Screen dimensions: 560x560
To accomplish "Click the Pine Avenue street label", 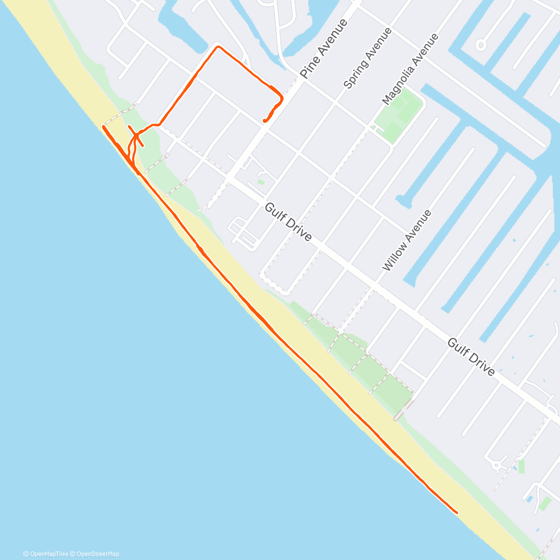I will point(324,49).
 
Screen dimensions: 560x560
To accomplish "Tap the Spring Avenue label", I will point(367,58).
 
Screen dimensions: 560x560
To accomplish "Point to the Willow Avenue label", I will point(406,240).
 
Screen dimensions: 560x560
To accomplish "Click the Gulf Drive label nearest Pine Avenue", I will point(288,222).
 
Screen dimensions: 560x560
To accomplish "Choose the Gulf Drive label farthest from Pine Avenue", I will point(471,357).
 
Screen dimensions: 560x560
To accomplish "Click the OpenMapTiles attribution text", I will point(46,554).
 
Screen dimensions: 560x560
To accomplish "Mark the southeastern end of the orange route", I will point(456,512).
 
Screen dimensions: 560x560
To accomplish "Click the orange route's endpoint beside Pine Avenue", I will point(265,121).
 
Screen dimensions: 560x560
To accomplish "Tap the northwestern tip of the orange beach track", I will point(103,126).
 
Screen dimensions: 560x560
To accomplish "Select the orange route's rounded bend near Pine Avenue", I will point(281,98).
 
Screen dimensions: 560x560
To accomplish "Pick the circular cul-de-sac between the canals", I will point(480,45).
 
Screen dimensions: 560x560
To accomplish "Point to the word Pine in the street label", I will point(309,69).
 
